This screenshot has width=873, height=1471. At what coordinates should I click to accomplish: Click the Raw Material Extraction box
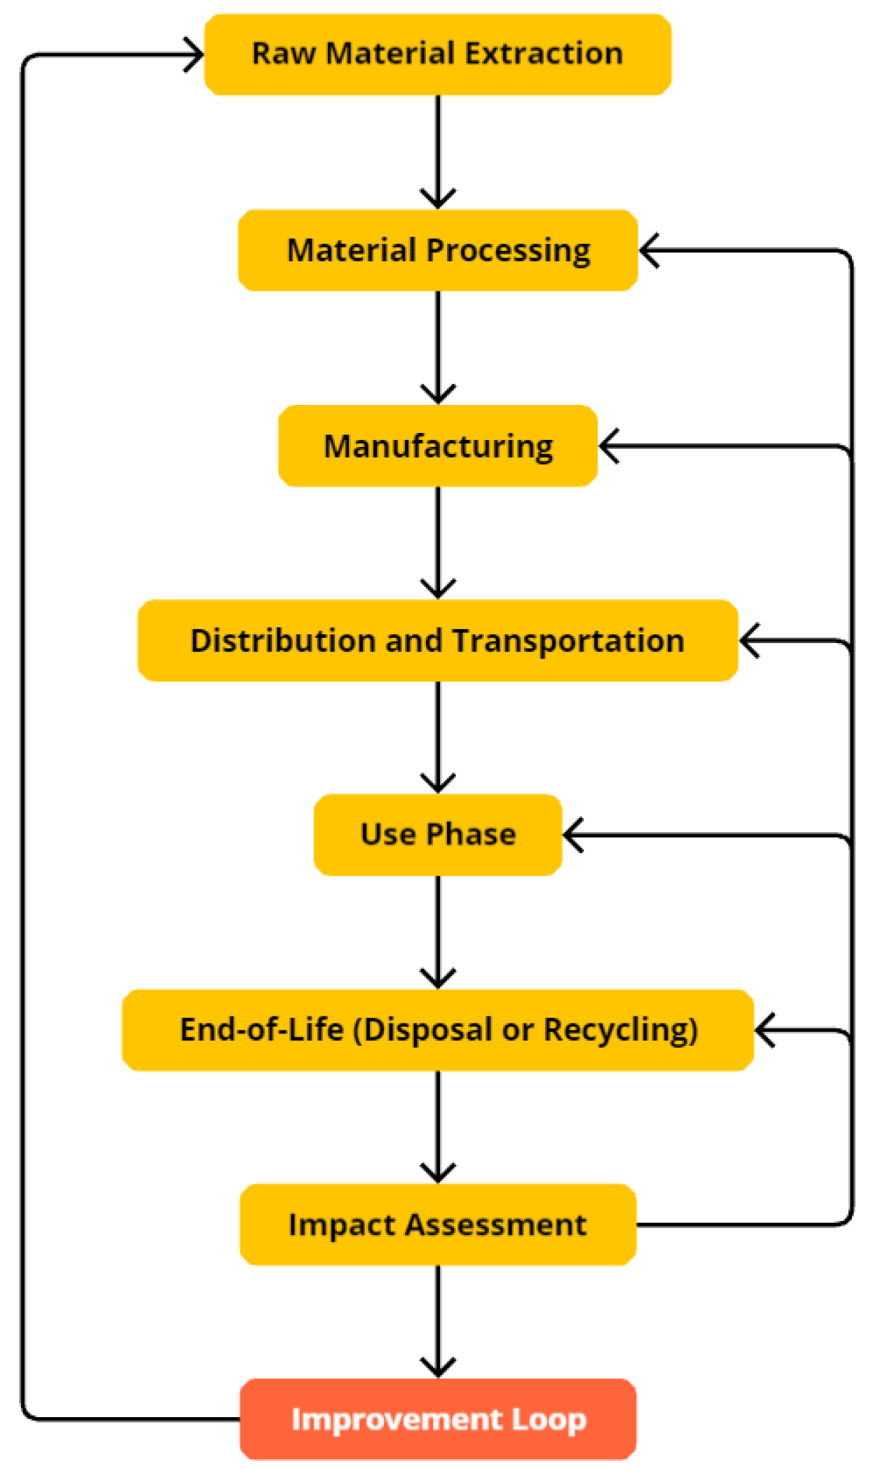[x=437, y=55]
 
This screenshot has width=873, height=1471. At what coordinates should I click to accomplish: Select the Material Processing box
[x=437, y=250]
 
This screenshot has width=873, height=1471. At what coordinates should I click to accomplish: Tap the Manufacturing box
[x=437, y=446]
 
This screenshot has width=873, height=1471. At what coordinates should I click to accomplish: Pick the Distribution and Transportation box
[x=437, y=640]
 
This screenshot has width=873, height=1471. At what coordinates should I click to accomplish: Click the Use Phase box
[x=437, y=834]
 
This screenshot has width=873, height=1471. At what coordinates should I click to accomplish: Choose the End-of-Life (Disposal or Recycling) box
[x=437, y=1030]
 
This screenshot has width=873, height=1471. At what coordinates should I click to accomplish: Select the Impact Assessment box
[x=437, y=1224]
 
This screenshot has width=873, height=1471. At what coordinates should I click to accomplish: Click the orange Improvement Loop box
[x=437, y=1419]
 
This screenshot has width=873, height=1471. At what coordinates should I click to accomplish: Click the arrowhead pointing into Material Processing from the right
[x=649, y=251]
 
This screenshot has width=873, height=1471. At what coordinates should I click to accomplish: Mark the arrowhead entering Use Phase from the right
[x=572, y=835]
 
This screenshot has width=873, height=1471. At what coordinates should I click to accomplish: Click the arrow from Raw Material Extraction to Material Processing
[x=438, y=151]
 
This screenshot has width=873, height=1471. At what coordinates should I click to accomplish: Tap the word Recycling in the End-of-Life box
[x=620, y=1030]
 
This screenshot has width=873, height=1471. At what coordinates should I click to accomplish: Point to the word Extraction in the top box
[x=544, y=54]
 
